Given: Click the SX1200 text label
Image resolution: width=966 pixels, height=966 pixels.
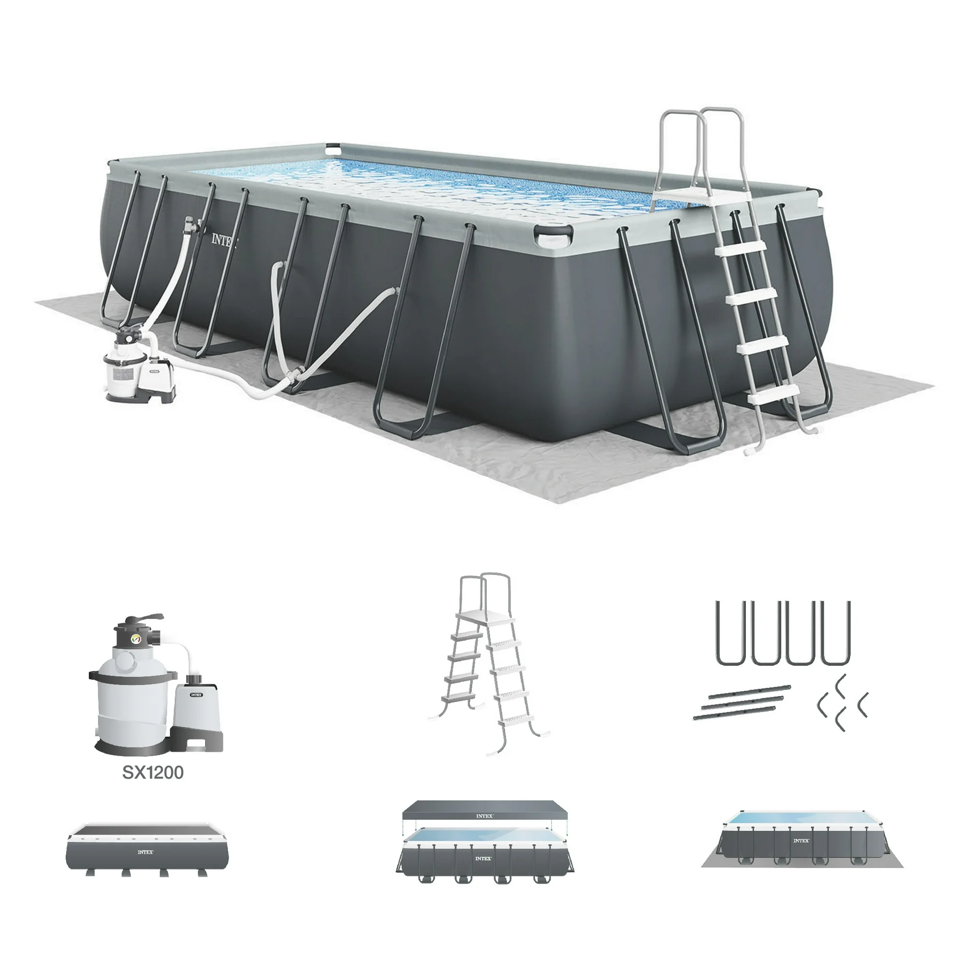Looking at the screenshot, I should coord(153,772).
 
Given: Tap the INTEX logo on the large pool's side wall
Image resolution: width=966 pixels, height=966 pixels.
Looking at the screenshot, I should coord(224,240).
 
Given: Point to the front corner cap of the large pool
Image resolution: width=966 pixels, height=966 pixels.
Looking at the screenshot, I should coord(553,236).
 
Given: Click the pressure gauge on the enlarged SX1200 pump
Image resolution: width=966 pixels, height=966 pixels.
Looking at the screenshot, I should coord(136,639).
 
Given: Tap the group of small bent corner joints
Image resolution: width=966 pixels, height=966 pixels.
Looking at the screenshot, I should coord(842,702).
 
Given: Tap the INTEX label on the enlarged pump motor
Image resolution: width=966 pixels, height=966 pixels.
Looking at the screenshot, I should coord(197,695).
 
